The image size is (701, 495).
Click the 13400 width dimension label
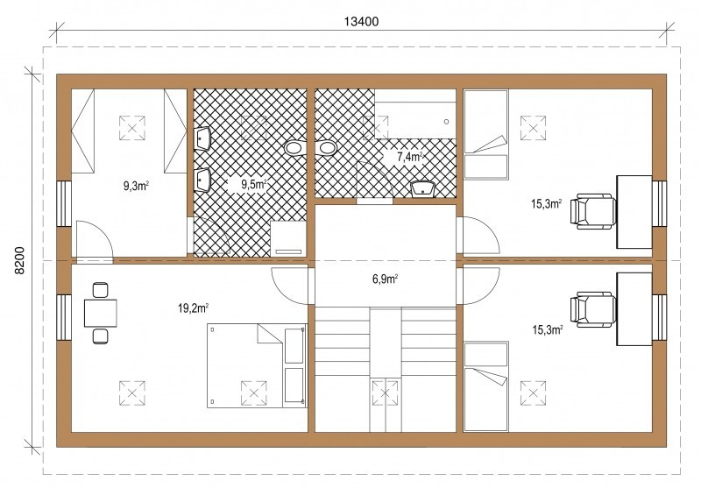[x=361, y=21]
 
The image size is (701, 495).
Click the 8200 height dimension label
[x=18, y=260]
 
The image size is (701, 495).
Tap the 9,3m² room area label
[x=136, y=186]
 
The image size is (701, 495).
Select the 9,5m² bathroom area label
[x=254, y=184]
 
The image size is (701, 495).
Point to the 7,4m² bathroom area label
[x=409, y=157]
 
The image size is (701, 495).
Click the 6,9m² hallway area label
[x=385, y=279]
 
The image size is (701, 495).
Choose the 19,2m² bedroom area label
[x=193, y=308]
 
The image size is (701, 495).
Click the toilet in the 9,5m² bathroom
[x=294, y=148]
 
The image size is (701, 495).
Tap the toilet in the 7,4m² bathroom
[x=326, y=148]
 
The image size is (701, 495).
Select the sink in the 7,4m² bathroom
[x=423, y=188]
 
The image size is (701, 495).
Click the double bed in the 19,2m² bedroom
[x=257, y=365]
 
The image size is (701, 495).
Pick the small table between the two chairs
[x=101, y=313]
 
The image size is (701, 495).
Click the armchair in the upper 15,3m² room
[x=593, y=211]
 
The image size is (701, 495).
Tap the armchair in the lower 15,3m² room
[x=593, y=310]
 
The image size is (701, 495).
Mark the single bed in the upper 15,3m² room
[x=486, y=134]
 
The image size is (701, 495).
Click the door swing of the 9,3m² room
[x=94, y=239]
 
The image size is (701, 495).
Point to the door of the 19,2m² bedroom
[x=290, y=286]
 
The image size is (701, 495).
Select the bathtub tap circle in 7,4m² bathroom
[x=446, y=122]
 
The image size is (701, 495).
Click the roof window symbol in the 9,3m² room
[x=132, y=128]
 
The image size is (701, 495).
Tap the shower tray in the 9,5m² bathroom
[x=288, y=239]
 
